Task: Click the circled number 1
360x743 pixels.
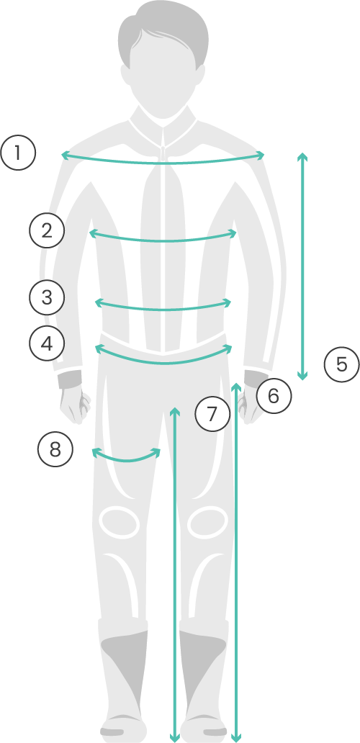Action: (x=18, y=153)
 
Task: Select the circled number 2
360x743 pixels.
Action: (x=47, y=231)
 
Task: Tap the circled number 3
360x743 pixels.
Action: (x=47, y=297)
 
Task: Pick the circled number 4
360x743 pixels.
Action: (x=47, y=343)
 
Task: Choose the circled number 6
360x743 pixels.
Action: (x=274, y=396)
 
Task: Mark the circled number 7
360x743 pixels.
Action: (x=213, y=414)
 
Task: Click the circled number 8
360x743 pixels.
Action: (x=55, y=449)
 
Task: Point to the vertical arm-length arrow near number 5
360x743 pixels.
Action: (x=302, y=266)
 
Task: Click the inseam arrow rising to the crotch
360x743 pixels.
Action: (x=175, y=575)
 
